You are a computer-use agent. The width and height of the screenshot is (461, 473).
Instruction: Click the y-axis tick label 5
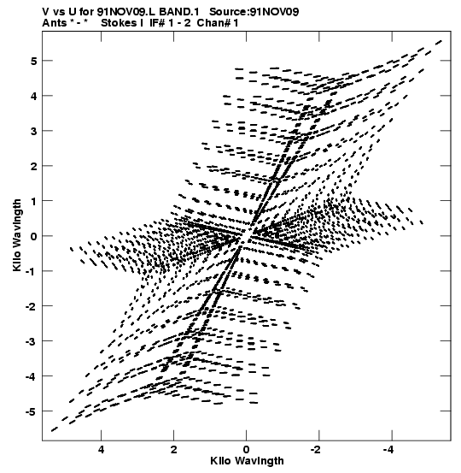point(33,62)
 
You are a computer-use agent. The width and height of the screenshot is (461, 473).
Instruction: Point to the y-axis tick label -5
point(31,411)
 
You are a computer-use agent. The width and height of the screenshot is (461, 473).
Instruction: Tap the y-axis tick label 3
point(33,131)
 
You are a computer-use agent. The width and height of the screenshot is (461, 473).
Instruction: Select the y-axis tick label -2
point(31,307)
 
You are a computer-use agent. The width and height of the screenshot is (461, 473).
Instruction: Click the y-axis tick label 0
point(33,236)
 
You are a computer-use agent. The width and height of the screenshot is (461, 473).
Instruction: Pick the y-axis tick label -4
point(31,376)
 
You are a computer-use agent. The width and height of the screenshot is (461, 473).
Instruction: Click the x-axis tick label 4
point(102,450)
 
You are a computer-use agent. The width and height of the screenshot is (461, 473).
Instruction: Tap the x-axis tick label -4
point(389,450)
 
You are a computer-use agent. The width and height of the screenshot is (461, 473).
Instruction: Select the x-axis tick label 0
point(247,450)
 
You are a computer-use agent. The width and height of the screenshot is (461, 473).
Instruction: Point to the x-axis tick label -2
point(316,450)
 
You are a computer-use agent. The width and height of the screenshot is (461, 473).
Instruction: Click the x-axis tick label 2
point(174,450)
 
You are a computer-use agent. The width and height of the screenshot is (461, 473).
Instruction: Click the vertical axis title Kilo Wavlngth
point(17,235)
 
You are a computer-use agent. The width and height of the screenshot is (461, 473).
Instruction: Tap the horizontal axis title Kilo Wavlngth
point(247,461)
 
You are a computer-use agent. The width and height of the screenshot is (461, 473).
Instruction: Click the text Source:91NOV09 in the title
point(254,12)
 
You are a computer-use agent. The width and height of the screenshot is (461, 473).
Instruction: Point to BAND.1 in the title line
point(179,12)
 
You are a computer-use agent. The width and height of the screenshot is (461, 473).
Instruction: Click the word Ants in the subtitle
point(54,23)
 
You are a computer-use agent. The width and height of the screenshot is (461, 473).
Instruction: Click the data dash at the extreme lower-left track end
point(55,429)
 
